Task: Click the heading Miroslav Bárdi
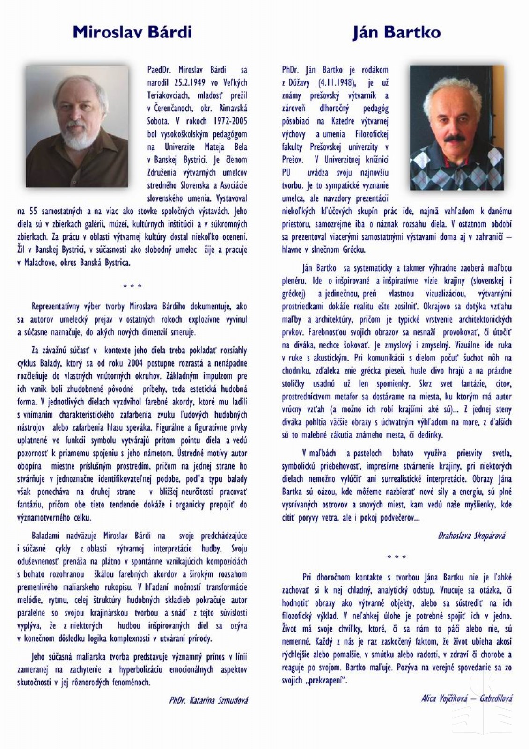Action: click(132, 32)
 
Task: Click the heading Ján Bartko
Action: click(396, 32)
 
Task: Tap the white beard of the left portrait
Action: click(79, 136)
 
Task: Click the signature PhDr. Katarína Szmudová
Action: click(208, 701)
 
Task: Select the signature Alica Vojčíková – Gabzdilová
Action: click(466, 698)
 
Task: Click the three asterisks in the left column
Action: click(132, 286)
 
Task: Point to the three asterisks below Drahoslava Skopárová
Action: click(397, 557)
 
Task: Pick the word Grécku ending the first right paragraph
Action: click(353, 250)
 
